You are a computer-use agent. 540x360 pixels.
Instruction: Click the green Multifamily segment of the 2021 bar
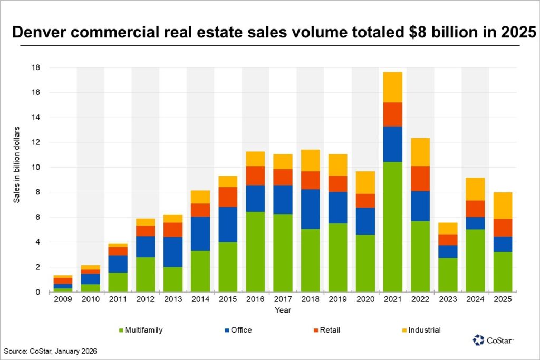[392, 227]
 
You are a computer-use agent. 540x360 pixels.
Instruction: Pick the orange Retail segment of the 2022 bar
[420, 178]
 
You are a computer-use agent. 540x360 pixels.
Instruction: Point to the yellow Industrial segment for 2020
[365, 182]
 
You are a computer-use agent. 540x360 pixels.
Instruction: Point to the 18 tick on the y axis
[37, 67]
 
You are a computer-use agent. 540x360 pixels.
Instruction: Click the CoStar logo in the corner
[493, 340]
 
